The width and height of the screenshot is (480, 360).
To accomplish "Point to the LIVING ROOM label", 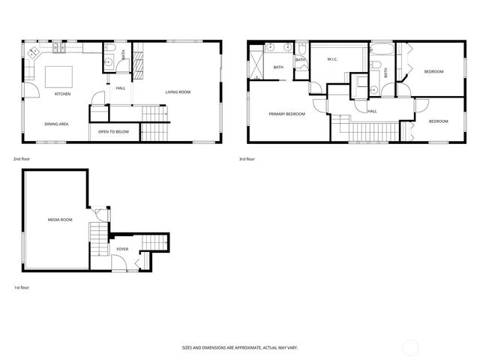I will (178, 92).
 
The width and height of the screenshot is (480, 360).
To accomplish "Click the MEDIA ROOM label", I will (59, 220).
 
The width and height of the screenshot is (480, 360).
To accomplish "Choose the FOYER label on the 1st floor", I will (121, 248).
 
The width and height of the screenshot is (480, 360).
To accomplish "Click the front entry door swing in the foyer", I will (118, 263).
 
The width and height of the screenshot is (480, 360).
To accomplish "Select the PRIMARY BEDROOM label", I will (287, 114).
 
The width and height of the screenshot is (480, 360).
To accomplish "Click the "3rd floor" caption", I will (247, 160).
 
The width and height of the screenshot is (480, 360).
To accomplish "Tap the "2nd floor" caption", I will (22, 160).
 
